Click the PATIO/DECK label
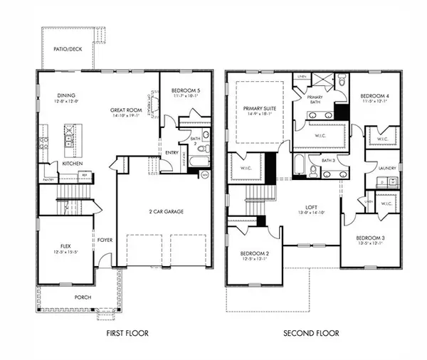[x=68, y=49]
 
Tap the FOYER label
[x=105, y=240]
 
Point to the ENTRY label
[x=171, y=152]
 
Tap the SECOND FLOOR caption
[x=311, y=333]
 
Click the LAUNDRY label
[x=387, y=168]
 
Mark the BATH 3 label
[x=327, y=161]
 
